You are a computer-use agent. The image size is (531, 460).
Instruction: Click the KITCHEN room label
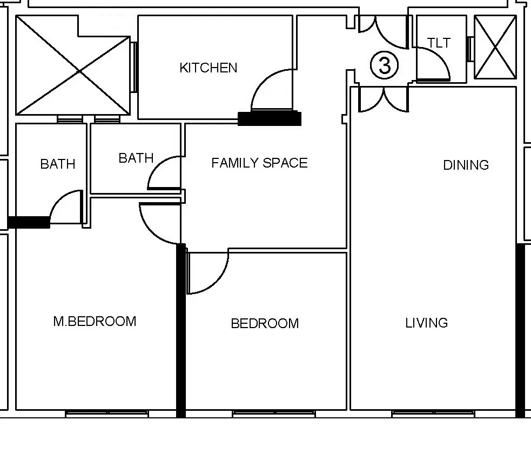[x=209, y=68]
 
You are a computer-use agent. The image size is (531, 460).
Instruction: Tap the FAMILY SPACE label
[x=259, y=163]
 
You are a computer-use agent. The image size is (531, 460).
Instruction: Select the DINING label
[x=466, y=165]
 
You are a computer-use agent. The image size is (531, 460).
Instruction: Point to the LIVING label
[x=426, y=323]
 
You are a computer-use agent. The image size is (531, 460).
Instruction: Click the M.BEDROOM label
[x=95, y=322]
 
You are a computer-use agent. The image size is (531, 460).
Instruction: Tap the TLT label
[x=439, y=43]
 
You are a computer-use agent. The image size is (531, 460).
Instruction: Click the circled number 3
[x=385, y=65]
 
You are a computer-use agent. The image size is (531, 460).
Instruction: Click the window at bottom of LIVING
[x=433, y=414]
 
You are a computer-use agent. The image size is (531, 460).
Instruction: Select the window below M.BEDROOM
[x=107, y=414]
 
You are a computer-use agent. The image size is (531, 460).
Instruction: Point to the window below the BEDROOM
[x=274, y=414]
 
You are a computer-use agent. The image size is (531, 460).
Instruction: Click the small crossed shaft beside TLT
[x=495, y=47]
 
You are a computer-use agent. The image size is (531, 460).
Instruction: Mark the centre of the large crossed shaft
[x=79, y=71]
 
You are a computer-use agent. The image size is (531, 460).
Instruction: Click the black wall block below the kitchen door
[x=270, y=118]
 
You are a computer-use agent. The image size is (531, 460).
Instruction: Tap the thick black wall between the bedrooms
[x=181, y=330]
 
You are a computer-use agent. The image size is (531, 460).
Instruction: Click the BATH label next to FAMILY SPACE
[x=136, y=158]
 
